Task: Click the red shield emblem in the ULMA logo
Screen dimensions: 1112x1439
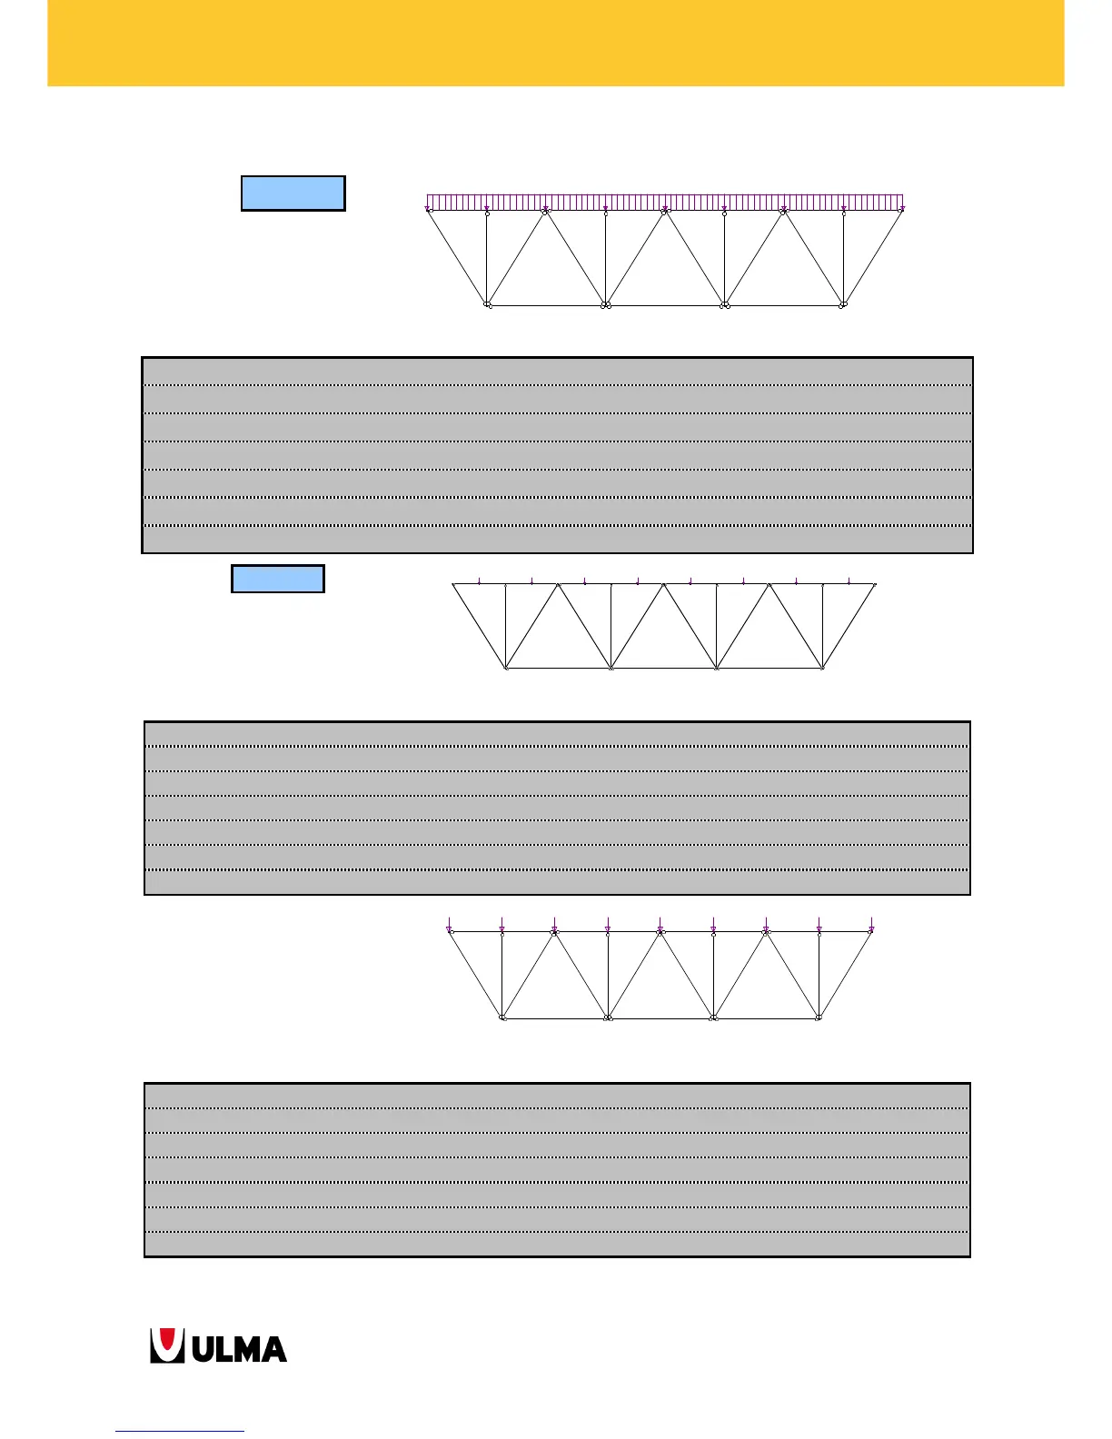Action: pos(164,1345)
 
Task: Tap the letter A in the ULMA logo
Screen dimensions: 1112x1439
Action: pos(270,1349)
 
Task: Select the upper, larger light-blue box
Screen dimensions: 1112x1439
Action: pos(293,194)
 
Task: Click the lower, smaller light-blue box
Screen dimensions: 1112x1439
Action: pos(278,579)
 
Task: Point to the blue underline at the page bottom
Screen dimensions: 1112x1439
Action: pos(180,1432)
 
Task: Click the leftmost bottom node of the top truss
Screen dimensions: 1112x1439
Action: pos(488,304)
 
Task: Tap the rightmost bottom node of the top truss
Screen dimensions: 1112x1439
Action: pos(843,304)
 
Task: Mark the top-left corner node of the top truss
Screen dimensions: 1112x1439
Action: pos(429,211)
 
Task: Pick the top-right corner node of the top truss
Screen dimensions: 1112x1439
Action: pos(901,211)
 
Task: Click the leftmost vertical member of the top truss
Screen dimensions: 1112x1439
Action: pos(487,259)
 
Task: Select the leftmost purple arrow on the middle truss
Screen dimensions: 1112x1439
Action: pos(479,581)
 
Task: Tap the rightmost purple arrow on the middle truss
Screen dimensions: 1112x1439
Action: pos(849,581)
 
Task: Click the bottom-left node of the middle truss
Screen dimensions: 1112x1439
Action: pos(506,668)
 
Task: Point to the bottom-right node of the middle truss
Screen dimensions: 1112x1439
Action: pos(822,668)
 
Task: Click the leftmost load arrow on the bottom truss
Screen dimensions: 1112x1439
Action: pos(449,926)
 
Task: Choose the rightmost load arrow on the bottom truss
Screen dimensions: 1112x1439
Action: pos(871,926)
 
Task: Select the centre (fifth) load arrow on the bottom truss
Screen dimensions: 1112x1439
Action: pos(660,926)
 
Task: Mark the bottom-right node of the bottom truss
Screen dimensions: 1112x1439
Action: pos(819,1017)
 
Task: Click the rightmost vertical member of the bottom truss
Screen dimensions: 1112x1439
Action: pos(819,974)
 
